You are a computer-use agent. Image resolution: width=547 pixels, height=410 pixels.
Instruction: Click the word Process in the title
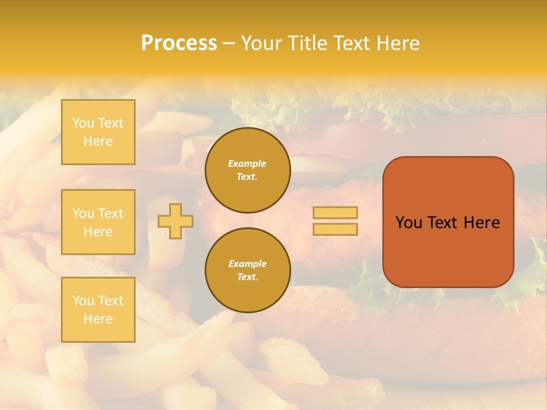tap(179, 43)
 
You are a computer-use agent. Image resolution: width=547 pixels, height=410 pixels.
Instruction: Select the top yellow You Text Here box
tap(98, 132)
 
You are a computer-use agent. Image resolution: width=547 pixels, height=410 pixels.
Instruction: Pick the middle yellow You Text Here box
tap(98, 222)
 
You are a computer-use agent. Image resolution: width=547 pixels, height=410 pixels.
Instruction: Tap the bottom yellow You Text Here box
tap(98, 310)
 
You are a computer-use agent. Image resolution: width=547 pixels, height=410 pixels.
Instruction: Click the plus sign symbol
tap(175, 221)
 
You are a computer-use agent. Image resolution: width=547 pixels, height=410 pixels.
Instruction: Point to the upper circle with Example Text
tap(247, 170)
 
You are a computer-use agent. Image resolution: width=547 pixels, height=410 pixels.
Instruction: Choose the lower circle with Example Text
tap(247, 270)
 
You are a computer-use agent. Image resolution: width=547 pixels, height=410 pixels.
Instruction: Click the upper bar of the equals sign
tap(335, 213)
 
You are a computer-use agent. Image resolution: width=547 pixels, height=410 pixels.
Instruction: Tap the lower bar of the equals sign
tap(335, 229)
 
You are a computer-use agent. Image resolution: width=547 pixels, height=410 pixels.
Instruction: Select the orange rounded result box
tap(448, 222)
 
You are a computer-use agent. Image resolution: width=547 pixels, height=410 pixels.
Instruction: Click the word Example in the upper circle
tap(247, 163)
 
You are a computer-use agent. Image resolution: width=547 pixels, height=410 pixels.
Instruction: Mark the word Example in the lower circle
tap(247, 264)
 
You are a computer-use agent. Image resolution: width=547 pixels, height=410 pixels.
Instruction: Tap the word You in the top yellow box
tap(83, 123)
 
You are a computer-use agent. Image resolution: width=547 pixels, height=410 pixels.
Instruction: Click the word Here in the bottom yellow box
tap(98, 319)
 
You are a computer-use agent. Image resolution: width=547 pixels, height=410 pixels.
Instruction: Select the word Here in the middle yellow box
tap(98, 232)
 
